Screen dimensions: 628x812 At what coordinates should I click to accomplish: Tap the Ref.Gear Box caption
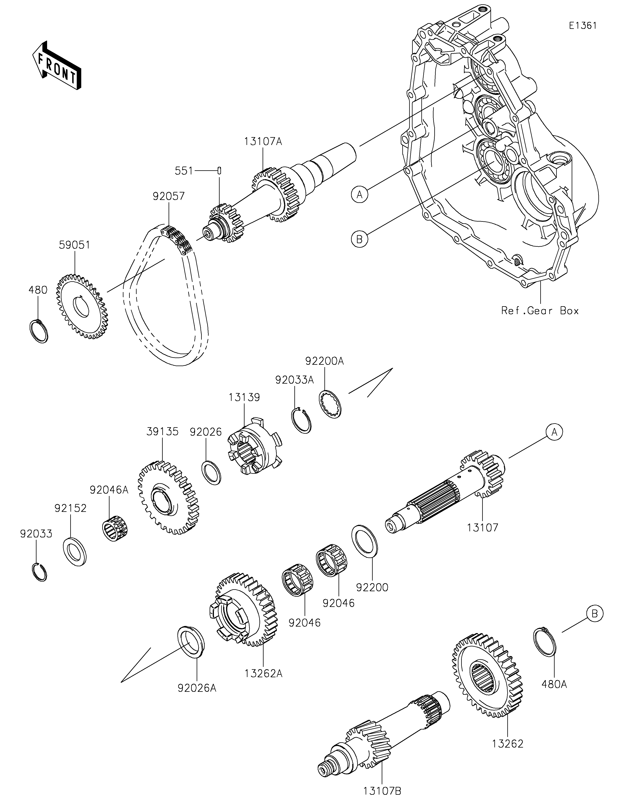pos(540,311)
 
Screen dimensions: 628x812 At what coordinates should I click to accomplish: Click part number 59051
pos(75,245)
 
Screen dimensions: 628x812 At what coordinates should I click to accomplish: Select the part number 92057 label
pos(169,196)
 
